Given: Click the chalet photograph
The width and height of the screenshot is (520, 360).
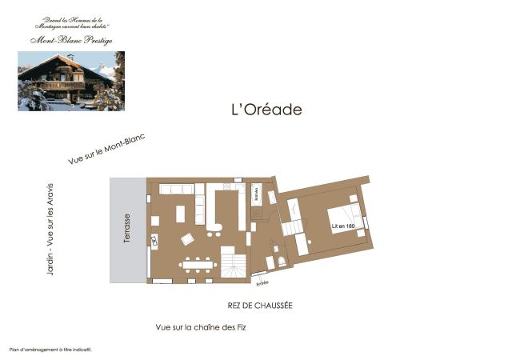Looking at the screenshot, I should pos(70,81).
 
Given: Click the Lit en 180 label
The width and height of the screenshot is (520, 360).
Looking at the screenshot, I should pos(343,226).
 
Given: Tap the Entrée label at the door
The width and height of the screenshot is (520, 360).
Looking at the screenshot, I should pos(262,282).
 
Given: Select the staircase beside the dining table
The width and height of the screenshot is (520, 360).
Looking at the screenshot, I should pos(234,264).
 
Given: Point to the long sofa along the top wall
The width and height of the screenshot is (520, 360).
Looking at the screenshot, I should pos(177,190).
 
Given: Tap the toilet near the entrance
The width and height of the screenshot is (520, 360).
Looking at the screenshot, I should pos(282,262).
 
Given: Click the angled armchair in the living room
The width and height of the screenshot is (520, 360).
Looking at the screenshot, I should pos(187,238).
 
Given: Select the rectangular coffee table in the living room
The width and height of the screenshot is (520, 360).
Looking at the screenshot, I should pos(179,214).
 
